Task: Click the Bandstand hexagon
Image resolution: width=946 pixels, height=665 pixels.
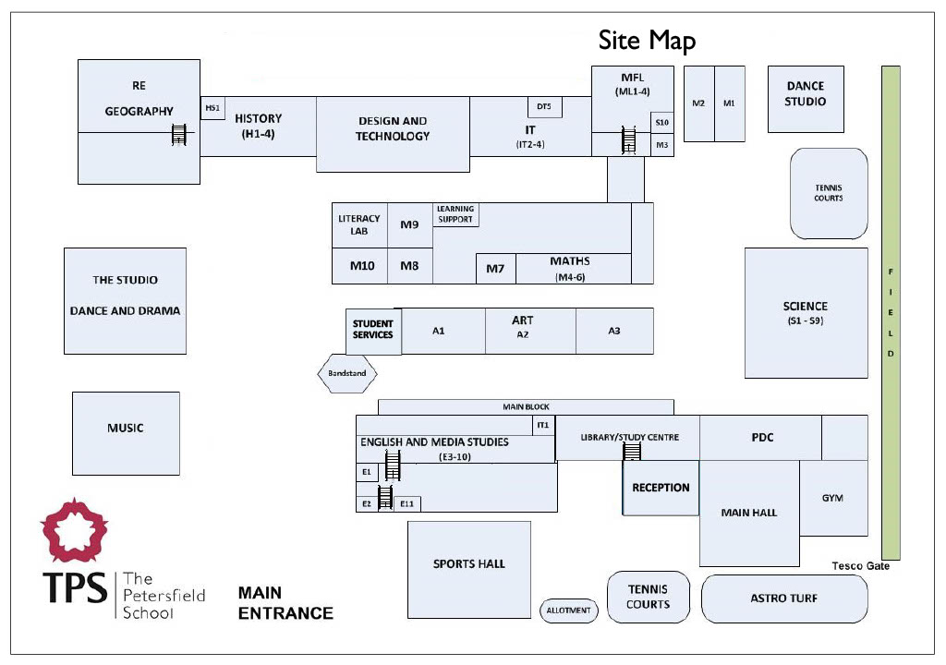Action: pyautogui.click(x=347, y=373)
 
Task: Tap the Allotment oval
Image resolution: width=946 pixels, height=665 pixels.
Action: pyautogui.click(x=568, y=611)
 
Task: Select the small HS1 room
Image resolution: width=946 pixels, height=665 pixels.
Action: pyautogui.click(x=212, y=108)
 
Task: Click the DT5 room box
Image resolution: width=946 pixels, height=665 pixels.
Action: pyautogui.click(x=545, y=107)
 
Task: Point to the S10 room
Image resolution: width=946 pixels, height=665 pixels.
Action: pyautogui.click(x=661, y=123)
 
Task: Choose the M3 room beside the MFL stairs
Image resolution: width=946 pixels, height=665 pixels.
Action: pyautogui.click(x=661, y=145)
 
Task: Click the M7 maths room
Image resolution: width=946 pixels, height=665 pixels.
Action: pyautogui.click(x=496, y=269)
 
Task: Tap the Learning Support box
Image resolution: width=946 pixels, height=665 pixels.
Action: pyautogui.click(x=455, y=214)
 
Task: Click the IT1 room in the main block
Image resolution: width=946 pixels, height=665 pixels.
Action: pyautogui.click(x=543, y=425)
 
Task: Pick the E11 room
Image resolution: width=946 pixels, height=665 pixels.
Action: pyautogui.click(x=407, y=503)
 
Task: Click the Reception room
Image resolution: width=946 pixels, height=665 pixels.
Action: pyautogui.click(x=661, y=488)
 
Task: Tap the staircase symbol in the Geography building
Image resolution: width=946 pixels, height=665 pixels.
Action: pyautogui.click(x=178, y=133)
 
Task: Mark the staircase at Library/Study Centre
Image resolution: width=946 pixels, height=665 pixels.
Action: pyautogui.click(x=631, y=452)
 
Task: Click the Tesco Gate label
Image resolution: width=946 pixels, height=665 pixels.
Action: pyautogui.click(x=860, y=565)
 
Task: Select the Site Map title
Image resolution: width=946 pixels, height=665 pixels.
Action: pyautogui.click(x=647, y=41)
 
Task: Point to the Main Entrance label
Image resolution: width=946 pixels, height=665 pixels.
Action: pyautogui.click(x=285, y=603)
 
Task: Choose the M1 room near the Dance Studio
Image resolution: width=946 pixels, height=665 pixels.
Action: pyautogui.click(x=730, y=103)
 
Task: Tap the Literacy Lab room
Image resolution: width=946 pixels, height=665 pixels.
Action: pyautogui.click(x=359, y=225)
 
